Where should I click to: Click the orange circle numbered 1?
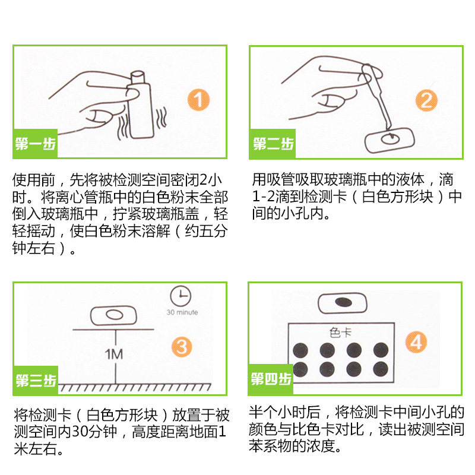198,100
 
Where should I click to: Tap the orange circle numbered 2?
426,100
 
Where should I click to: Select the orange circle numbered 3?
182,347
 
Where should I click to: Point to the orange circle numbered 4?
416,342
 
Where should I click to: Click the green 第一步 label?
35,144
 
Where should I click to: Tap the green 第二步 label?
273,144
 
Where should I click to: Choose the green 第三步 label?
36,380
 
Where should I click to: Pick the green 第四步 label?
271,379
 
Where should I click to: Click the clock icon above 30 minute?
180,296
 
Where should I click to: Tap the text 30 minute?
182,312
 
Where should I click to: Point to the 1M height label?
113,354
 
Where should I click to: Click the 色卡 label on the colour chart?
340,332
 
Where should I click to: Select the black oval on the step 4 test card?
343,302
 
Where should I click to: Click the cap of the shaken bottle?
138,77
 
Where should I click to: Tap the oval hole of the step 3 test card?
114,315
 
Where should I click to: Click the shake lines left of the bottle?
123,128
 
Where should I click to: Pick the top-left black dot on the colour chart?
300,350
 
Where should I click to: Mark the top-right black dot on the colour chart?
381,350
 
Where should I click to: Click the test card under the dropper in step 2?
389,140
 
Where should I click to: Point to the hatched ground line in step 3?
135,388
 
